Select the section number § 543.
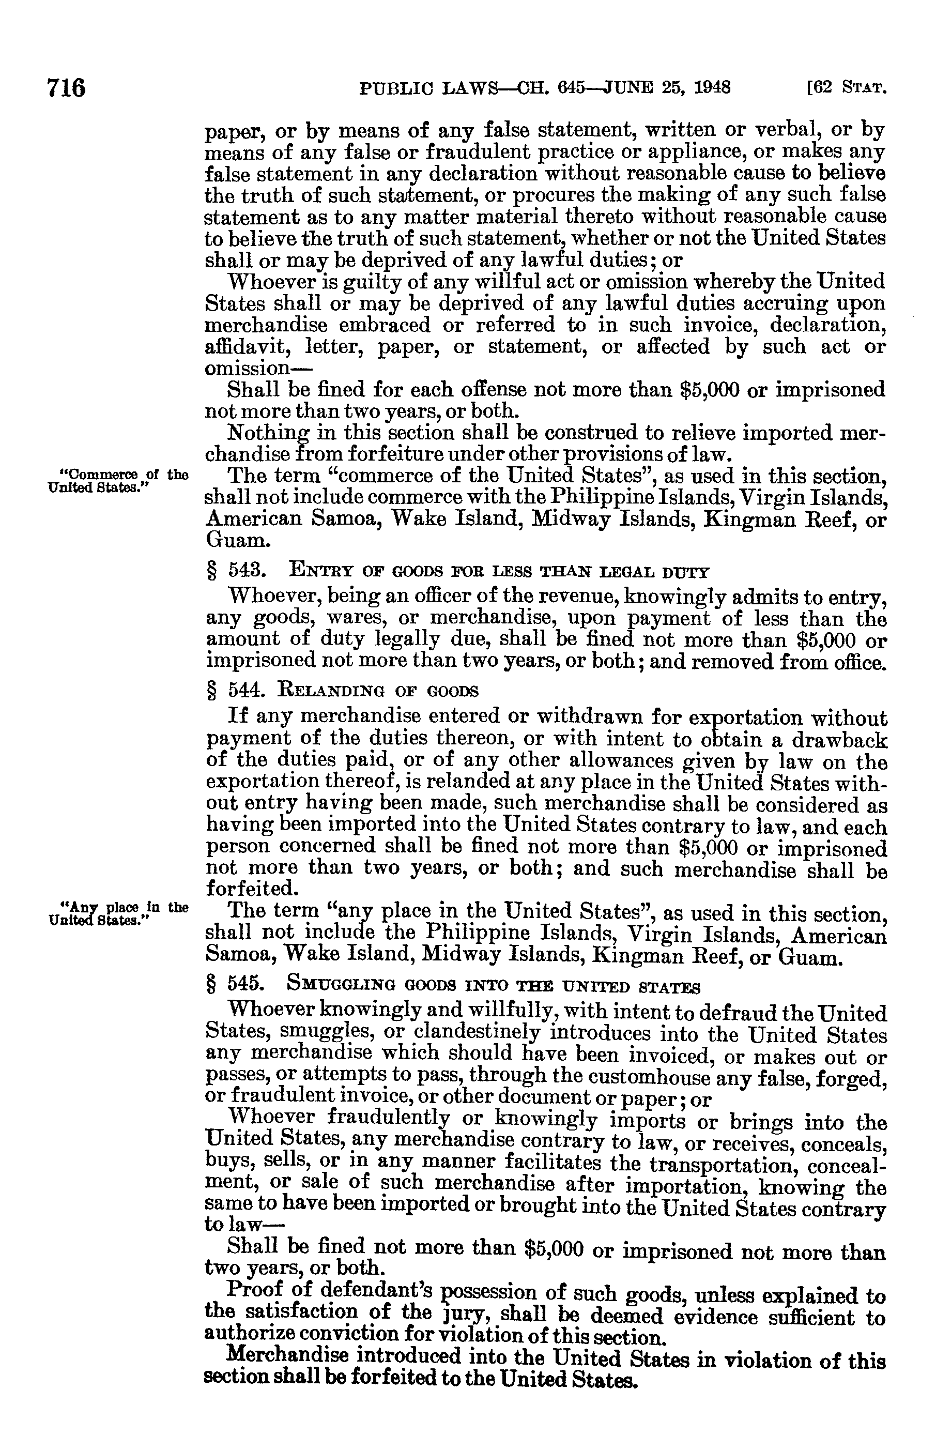[235, 571]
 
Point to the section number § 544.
[235, 691]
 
